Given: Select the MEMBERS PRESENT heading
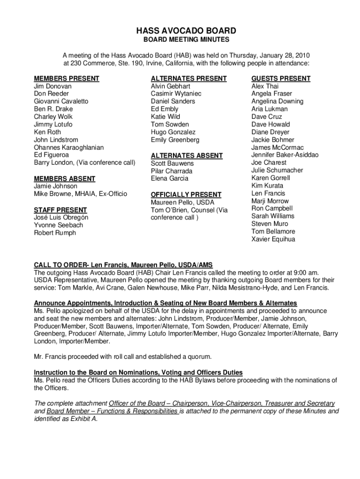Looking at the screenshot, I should pyautogui.click(x=66, y=79).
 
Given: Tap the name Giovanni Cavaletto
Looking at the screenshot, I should pyautogui.click(x=61, y=102).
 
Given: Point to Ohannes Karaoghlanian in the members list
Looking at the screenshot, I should pyautogui.click(x=69, y=147).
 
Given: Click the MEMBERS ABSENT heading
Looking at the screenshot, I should pyautogui.click(x=65, y=179).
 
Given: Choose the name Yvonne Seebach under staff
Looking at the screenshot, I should pyautogui.click(x=58, y=225).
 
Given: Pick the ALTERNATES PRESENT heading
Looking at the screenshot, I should pyautogui.click(x=188, y=79).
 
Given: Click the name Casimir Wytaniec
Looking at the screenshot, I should pyautogui.click(x=176, y=94).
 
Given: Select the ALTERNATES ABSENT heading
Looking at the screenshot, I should pyautogui.click(x=187, y=156).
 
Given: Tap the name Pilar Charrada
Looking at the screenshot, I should pyautogui.click(x=172, y=171).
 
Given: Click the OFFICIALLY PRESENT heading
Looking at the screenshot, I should pyautogui.click(x=186, y=195).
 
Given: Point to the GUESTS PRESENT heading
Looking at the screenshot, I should pyautogui.click(x=281, y=79).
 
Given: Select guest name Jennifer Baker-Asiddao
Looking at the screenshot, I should pyautogui.click(x=285, y=155).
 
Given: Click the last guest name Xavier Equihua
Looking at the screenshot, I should pyautogui.click(x=273, y=239).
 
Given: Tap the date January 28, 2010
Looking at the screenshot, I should pyautogui.click(x=280, y=55).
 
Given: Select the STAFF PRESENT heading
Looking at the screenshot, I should pyautogui.click(x=60, y=210).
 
